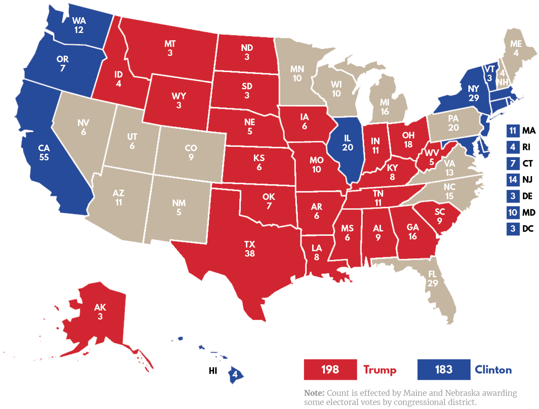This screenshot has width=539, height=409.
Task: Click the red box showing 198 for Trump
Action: [330, 369]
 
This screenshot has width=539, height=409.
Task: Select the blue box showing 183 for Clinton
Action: [444, 369]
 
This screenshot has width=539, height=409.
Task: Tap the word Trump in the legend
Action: [379, 370]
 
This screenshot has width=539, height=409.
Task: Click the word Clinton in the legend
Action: [493, 370]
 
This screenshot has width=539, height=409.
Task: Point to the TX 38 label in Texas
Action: [249, 249]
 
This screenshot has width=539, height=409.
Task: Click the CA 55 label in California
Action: [44, 152]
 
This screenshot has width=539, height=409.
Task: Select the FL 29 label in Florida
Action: [432, 278]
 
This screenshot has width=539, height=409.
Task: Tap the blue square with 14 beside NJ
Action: [513, 179]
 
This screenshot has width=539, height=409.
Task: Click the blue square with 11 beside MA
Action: [513, 131]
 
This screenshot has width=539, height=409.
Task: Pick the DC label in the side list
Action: [528, 229]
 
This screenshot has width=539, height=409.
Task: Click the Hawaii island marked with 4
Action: [235, 374]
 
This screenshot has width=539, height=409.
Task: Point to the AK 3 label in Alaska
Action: [100, 312]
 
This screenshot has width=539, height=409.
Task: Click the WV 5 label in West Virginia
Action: [432, 157]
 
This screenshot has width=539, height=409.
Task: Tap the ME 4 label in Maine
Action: [516, 48]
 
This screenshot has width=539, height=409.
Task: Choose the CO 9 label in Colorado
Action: [191, 152]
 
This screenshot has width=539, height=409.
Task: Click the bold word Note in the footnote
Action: [314, 393]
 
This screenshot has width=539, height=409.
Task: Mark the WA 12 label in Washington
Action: [79, 25]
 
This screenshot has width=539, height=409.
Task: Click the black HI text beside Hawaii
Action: [213, 371]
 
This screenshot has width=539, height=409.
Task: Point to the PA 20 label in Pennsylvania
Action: [453, 123]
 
